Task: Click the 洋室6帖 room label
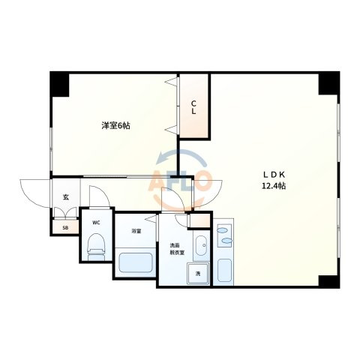point(115,125)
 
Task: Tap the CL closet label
point(193,107)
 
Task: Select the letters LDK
point(274,175)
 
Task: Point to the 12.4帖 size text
point(274,186)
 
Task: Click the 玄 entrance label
point(65,197)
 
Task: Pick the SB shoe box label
point(65,228)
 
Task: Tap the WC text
point(96,222)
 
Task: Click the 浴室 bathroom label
point(136,231)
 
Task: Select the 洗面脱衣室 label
point(177,249)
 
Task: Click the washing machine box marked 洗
point(198,274)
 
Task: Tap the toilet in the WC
point(96,247)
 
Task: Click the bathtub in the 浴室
point(136,262)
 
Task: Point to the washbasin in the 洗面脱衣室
point(202,245)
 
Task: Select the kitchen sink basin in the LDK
point(224,270)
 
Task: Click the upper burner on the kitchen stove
point(221,229)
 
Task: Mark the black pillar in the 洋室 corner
point(59,84)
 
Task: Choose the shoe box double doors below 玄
point(65,212)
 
